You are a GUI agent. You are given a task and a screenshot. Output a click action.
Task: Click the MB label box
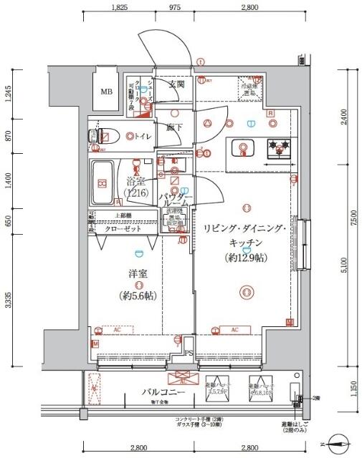pyautogui.click(x=106, y=91)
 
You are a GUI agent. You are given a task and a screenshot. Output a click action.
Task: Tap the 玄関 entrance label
pyautogui.click(x=176, y=84)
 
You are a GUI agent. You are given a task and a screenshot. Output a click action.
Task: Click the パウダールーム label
pyautogui.click(x=176, y=199)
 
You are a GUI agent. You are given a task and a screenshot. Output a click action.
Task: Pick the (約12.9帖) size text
pyautogui.click(x=246, y=257)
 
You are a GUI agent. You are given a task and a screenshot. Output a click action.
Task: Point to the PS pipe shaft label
pyautogui.click(x=188, y=352)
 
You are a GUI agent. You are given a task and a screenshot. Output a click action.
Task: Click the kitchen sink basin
pyautogui.click(x=244, y=149)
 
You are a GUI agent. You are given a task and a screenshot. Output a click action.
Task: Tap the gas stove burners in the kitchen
pyautogui.click(x=279, y=148)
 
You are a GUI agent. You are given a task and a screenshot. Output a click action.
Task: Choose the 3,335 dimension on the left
pyautogui.click(x=8, y=300)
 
